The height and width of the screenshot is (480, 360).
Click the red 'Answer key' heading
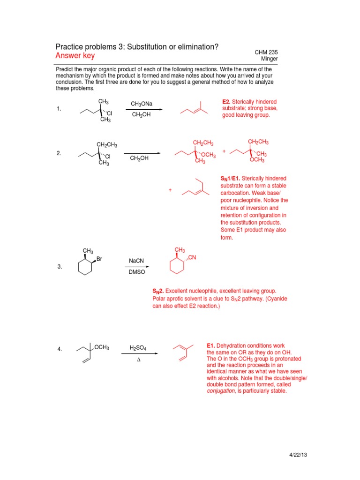pyautogui.click(x=75, y=56)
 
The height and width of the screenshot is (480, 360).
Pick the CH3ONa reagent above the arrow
pyautogui.click(x=142, y=104)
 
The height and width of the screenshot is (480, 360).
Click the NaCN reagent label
pyautogui.click(x=135, y=261)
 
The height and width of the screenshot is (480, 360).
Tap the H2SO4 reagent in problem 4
pyautogui.click(x=138, y=348)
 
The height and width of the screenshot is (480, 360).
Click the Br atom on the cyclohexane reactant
pyautogui.click(x=99, y=258)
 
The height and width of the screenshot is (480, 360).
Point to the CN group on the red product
pyautogui.click(x=193, y=258)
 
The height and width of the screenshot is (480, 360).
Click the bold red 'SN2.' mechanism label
pyautogui.click(x=158, y=291)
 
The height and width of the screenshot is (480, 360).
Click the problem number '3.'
pyautogui.click(x=60, y=267)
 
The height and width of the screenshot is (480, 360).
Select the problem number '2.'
pyautogui.click(x=59, y=153)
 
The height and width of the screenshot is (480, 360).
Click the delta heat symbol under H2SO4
pyautogui.click(x=138, y=361)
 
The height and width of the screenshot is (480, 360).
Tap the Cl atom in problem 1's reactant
pyautogui.click(x=109, y=113)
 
